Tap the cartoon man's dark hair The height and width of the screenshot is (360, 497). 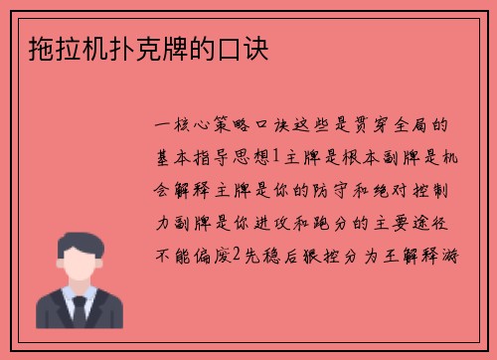coord(79,238)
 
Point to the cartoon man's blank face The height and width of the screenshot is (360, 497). coord(79,262)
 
